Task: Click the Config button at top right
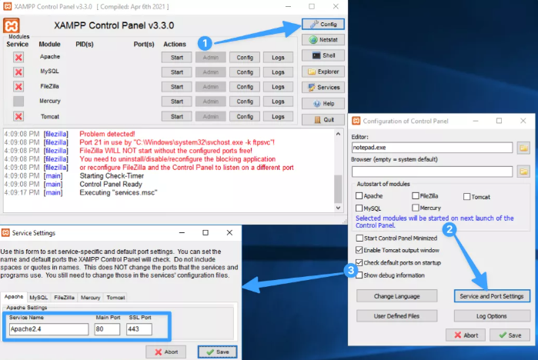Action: click(x=323, y=23)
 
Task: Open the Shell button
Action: click(x=323, y=55)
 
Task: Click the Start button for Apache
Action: click(x=176, y=57)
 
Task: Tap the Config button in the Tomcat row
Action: click(x=245, y=116)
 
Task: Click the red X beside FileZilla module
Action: click(x=18, y=86)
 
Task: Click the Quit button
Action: click(x=323, y=120)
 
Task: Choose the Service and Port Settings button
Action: click(x=492, y=296)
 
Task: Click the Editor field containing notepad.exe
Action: click(x=432, y=147)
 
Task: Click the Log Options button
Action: click(x=492, y=316)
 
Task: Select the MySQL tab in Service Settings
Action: click(x=38, y=297)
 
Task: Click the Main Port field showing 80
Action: click(x=107, y=329)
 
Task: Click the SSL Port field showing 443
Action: click(x=139, y=329)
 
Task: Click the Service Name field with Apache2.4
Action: click(x=49, y=329)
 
